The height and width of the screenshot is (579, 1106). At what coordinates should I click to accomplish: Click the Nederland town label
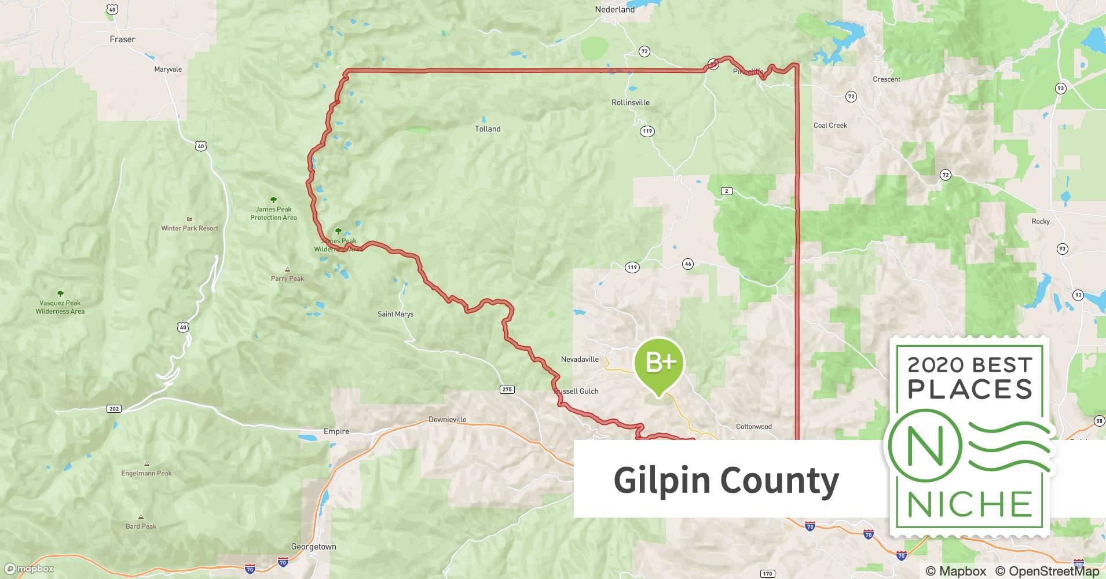pyautogui.click(x=614, y=9)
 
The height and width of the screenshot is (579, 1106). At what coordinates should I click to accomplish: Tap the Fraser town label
pyautogui.click(x=122, y=39)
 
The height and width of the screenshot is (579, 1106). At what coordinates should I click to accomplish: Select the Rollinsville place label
pyautogui.click(x=630, y=102)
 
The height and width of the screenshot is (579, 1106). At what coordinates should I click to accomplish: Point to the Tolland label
pyautogui.click(x=488, y=129)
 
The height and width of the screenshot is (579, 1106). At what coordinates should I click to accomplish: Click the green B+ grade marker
pyautogui.click(x=659, y=364)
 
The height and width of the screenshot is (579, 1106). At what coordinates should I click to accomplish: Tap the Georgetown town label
pyautogui.click(x=313, y=547)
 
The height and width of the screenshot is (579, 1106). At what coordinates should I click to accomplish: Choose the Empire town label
pyautogui.click(x=336, y=431)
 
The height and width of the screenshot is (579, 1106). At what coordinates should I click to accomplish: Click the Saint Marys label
pyautogui.click(x=395, y=314)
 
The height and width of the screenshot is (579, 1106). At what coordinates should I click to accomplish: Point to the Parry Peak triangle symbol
pyautogui.click(x=287, y=270)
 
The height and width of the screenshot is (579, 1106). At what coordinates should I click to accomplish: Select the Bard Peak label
pyautogui.click(x=141, y=526)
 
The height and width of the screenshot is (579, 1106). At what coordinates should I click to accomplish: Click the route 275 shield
pyautogui.click(x=507, y=389)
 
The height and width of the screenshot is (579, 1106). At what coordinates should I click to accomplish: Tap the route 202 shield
pyautogui.click(x=114, y=409)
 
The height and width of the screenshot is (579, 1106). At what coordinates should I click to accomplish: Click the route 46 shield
pyautogui.click(x=687, y=264)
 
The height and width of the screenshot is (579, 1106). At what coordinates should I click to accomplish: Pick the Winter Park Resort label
pyautogui.click(x=189, y=228)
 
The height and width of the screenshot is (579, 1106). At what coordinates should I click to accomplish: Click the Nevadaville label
pyautogui.click(x=580, y=359)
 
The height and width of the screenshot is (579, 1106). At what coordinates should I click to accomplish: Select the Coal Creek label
pyautogui.click(x=830, y=125)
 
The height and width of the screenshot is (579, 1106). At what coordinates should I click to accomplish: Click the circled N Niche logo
pyautogui.click(x=925, y=446)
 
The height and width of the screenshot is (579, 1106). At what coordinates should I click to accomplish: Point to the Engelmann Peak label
pyautogui.click(x=146, y=473)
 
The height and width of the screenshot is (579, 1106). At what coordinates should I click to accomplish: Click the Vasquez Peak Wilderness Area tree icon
pyautogui.click(x=60, y=294)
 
